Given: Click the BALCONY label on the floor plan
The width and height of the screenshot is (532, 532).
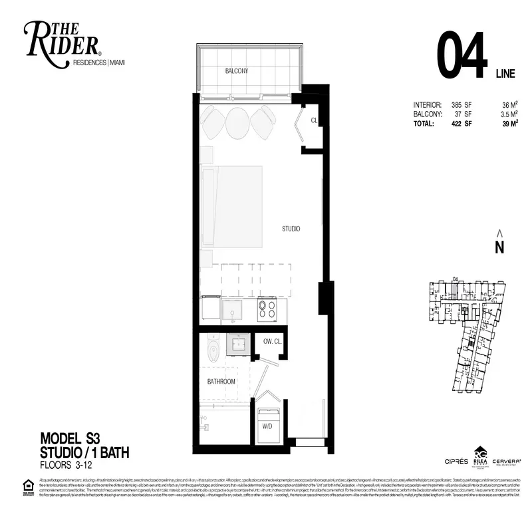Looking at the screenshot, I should click(x=237, y=70).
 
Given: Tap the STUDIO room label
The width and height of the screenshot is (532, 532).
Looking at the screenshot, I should click(x=291, y=229).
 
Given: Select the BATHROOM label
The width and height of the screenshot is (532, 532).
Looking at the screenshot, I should click(x=221, y=382).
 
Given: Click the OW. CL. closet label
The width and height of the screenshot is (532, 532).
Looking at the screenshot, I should click(x=272, y=342).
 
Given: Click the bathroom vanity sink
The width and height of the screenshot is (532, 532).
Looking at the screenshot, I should click(x=237, y=344).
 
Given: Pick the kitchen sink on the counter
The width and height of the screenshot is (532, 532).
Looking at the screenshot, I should click(x=233, y=310).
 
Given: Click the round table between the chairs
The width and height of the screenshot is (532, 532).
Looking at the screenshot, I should click(x=238, y=122).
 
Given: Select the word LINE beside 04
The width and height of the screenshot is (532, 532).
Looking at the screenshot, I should click(x=504, y=74).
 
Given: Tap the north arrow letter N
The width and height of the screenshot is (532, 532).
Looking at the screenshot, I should click(x=499, y=247).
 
